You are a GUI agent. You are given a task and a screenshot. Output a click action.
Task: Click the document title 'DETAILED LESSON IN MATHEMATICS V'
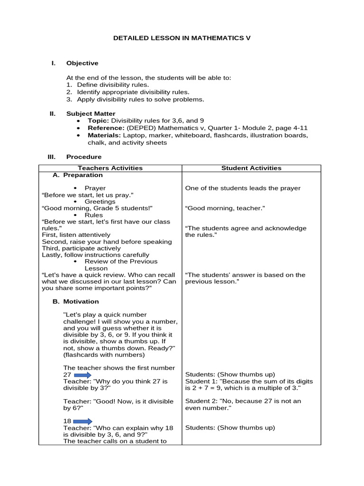coord(182,37)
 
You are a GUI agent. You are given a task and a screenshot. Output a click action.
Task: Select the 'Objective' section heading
coord(82,63)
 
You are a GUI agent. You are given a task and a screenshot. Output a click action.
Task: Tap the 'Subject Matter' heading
coord(91,113)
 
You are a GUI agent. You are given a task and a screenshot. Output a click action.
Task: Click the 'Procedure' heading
coord(83,157)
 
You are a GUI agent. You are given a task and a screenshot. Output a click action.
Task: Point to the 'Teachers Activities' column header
coord(110,168)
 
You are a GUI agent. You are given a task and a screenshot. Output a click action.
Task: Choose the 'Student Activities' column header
coord(251,168)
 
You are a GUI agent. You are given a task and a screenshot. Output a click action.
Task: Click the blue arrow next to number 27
coord(83,374)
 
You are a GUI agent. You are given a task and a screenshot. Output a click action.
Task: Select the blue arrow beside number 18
coord(83,421)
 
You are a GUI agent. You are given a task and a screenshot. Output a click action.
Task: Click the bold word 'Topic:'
coord(99,121)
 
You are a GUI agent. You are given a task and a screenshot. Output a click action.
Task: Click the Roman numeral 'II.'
coord(53,113)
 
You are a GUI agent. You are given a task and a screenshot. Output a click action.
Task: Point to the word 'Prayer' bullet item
coord(95,188)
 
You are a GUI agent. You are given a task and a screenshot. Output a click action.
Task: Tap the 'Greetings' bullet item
coord(100,201)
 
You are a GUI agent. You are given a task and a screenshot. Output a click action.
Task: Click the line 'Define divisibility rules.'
coord(113,84)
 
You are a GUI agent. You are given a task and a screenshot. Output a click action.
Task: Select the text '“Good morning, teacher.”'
coord(225,208)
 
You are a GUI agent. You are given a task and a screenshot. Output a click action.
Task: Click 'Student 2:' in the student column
coord(200,401)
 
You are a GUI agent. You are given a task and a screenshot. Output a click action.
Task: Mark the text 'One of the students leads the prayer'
coord(243,188)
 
